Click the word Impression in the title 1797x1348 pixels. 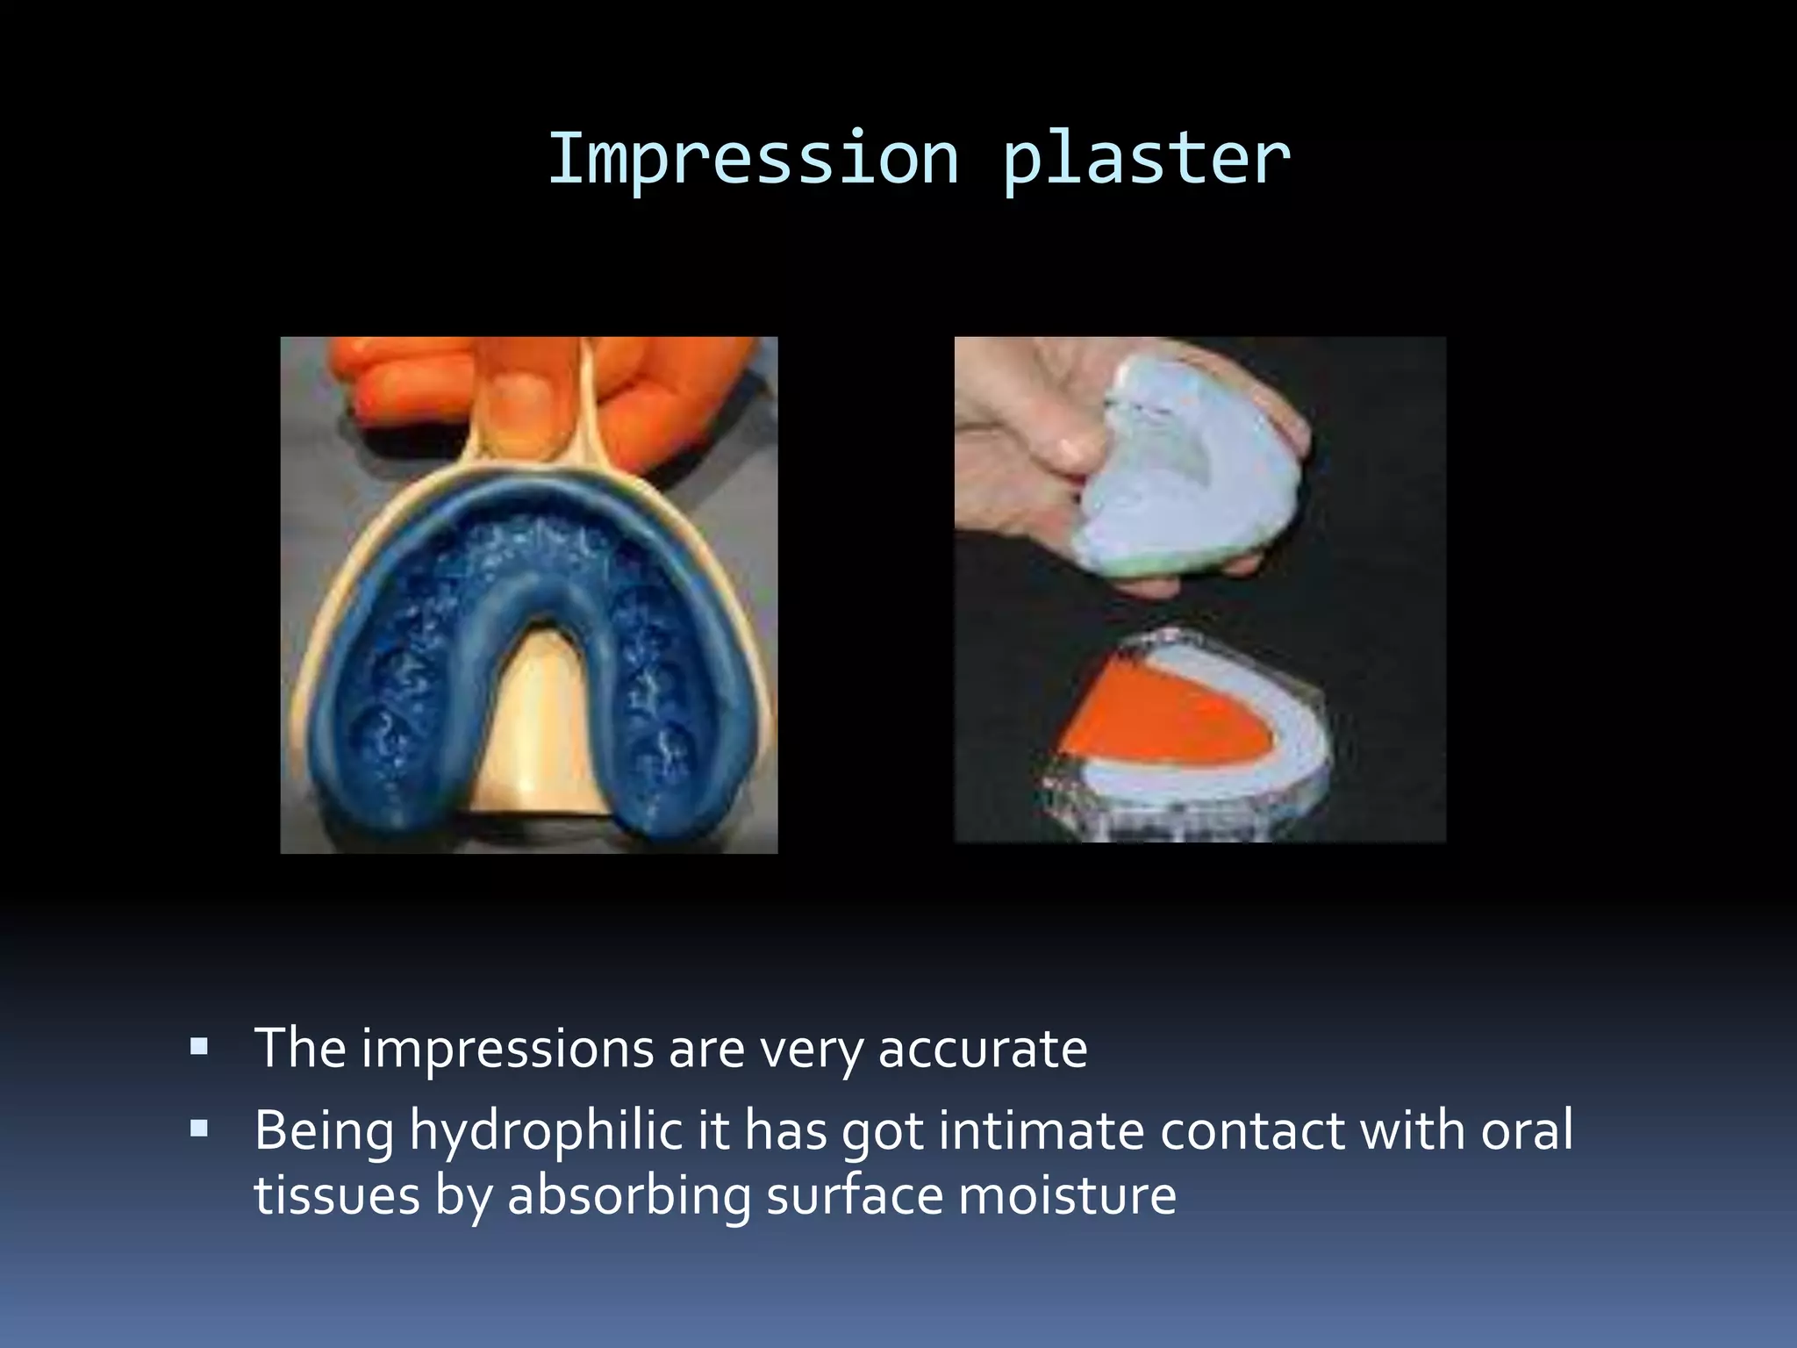(x=753, y=160)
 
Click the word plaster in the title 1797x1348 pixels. (x=1146, y=160)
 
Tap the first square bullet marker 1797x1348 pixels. (x=199, y=1046)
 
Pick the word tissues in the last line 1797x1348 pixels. (x=337, y=1195)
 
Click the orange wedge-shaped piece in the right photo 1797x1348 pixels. (x=1167, y=720)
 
